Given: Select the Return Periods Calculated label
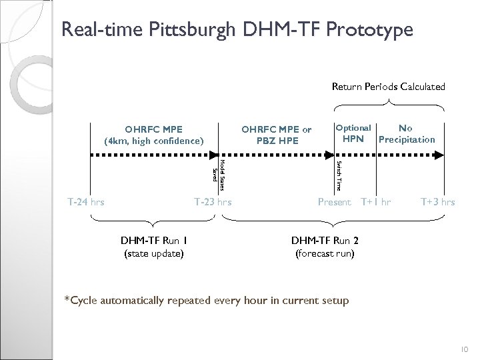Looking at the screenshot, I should pos(389,86).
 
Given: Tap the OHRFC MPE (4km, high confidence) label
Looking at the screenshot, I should pos(153,134).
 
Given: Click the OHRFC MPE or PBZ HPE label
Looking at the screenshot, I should pos(276,134).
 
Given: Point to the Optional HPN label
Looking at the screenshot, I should pos(353,133).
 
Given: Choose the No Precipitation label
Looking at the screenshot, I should pos(406,133).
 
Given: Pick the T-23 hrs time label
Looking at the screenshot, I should pos(212,201).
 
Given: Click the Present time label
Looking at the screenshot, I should pos(334,201).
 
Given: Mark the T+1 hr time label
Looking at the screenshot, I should pos(376,201).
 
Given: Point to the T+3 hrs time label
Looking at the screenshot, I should pos(437,201).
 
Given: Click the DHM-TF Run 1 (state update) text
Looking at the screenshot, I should pos(154,247).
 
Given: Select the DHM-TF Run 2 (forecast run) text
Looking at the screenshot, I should pos(325,247).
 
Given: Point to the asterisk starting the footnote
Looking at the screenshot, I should pos(65,299).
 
